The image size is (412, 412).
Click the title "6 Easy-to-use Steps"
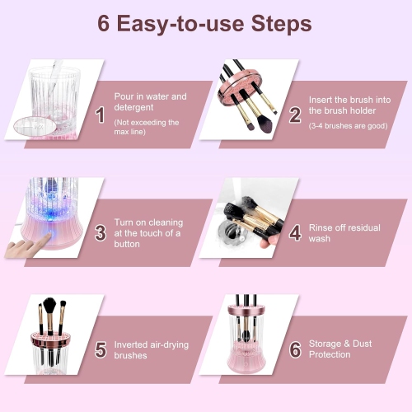point(205,22)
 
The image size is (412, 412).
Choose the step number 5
point(100,349)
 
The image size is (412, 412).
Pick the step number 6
point(295,349)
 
